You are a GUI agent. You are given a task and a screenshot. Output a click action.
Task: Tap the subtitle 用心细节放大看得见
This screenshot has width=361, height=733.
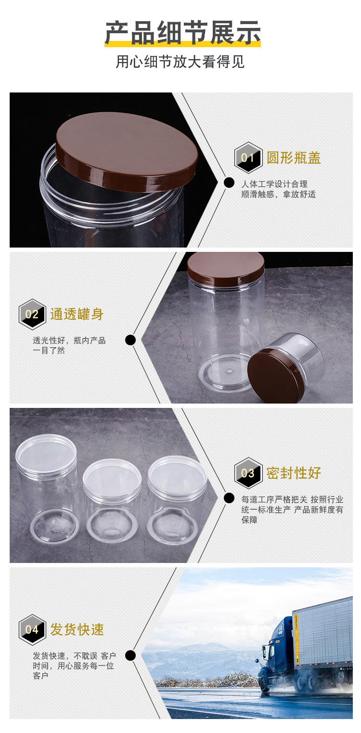point(180,62)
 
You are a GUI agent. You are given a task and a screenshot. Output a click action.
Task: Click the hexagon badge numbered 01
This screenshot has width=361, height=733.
point(248,158)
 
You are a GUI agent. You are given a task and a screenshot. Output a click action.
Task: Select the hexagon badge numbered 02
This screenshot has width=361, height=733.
point(32,314)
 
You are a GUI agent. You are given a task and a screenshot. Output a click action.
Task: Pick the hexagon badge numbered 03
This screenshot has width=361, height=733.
point(248,473)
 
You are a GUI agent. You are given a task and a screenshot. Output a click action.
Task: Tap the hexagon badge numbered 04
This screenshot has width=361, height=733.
point(32,629)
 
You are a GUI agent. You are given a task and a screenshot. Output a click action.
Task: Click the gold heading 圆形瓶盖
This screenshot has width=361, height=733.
point(294,158)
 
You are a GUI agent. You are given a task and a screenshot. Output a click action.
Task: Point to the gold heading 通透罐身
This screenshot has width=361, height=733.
point(77,314)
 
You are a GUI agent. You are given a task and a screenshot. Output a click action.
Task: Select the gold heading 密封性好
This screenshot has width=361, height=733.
point(294,473)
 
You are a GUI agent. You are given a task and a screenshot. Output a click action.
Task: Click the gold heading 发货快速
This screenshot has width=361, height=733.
point(77,629)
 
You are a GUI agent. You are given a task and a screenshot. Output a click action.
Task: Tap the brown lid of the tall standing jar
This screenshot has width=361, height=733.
point(226,268)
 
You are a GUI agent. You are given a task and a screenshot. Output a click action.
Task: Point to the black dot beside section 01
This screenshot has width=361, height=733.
point(229,183)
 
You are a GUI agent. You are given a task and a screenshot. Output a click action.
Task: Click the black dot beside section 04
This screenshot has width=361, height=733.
point(130,655)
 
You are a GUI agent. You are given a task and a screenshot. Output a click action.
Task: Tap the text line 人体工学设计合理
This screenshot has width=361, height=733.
point(274,184)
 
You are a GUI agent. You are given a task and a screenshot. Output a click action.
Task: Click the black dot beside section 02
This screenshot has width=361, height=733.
point(130,340)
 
